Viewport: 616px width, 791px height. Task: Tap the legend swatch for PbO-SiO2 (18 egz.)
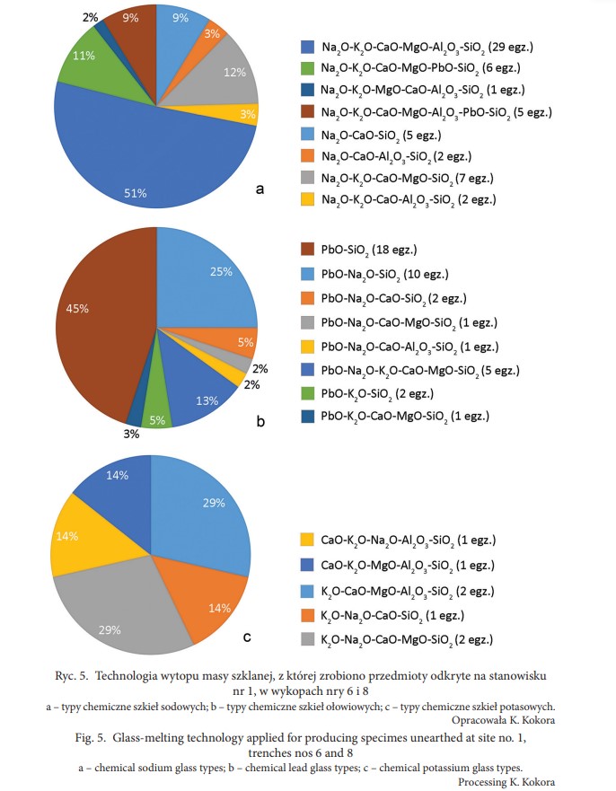307,249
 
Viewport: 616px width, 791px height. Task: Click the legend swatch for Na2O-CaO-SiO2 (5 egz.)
307,134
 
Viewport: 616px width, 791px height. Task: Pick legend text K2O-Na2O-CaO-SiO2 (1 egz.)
394,614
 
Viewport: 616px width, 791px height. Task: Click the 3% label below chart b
132,435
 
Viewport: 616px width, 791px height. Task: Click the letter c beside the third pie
247,640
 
